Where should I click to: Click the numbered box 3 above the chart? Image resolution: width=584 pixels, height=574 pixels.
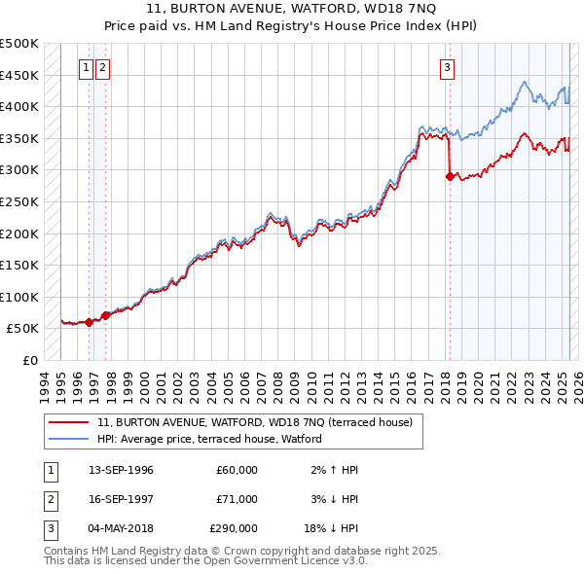pyautogui.click(x=447, y=67)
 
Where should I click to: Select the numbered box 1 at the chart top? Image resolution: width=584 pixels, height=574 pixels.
pyautogui.click(x=87, y=67)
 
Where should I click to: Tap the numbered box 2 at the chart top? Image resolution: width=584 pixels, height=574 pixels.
pyautogui.click(x=102, y=67)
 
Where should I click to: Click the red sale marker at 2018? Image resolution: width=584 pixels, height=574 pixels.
pyautogui.click(x=450, y=176)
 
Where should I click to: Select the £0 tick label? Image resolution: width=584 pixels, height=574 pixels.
pyautogui.click(x=31, y=360)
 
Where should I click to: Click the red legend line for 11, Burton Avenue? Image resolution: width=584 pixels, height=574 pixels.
pyautogui.click(x=70, y=422)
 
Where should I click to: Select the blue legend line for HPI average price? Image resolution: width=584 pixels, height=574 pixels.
pyautogui.click(x=70, y=439)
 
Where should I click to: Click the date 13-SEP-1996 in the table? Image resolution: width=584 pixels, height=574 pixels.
pyautogui.click(x=121, y=470)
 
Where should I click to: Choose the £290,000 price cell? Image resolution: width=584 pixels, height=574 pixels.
pyautogui.click(x=233, y=528)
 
